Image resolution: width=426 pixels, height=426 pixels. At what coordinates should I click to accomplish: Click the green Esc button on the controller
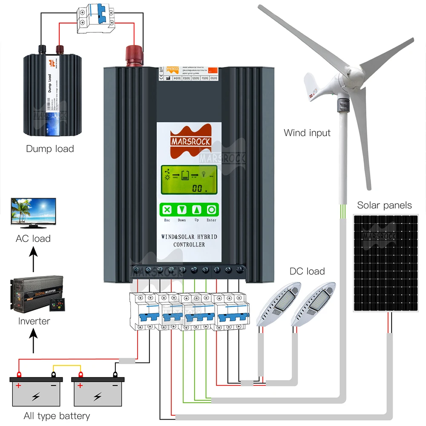point(167,210)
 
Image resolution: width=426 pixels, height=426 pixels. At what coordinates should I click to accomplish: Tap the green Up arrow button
point(196,210)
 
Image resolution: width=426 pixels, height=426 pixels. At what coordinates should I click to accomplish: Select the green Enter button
point(211,210)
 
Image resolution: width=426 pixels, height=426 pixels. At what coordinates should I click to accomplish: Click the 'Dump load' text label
point(50,149)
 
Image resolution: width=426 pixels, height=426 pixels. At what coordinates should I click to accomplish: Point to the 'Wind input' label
point(307,133)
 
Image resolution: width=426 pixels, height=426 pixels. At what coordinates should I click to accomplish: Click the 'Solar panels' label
point(384,205)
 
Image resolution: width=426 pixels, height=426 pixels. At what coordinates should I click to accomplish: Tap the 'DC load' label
point(307,271)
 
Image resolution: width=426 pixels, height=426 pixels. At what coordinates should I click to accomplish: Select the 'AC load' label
point(33,239)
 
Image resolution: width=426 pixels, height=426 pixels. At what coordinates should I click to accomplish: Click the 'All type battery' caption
point(57,416)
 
